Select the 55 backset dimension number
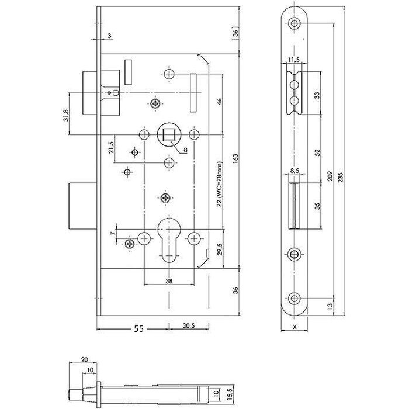(x=137, y=329)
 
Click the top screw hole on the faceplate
(x=295, y=24)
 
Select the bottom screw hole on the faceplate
(x=295, y=299)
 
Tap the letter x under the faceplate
(x=296, y=327)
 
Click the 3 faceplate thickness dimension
(x=109, y=35)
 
